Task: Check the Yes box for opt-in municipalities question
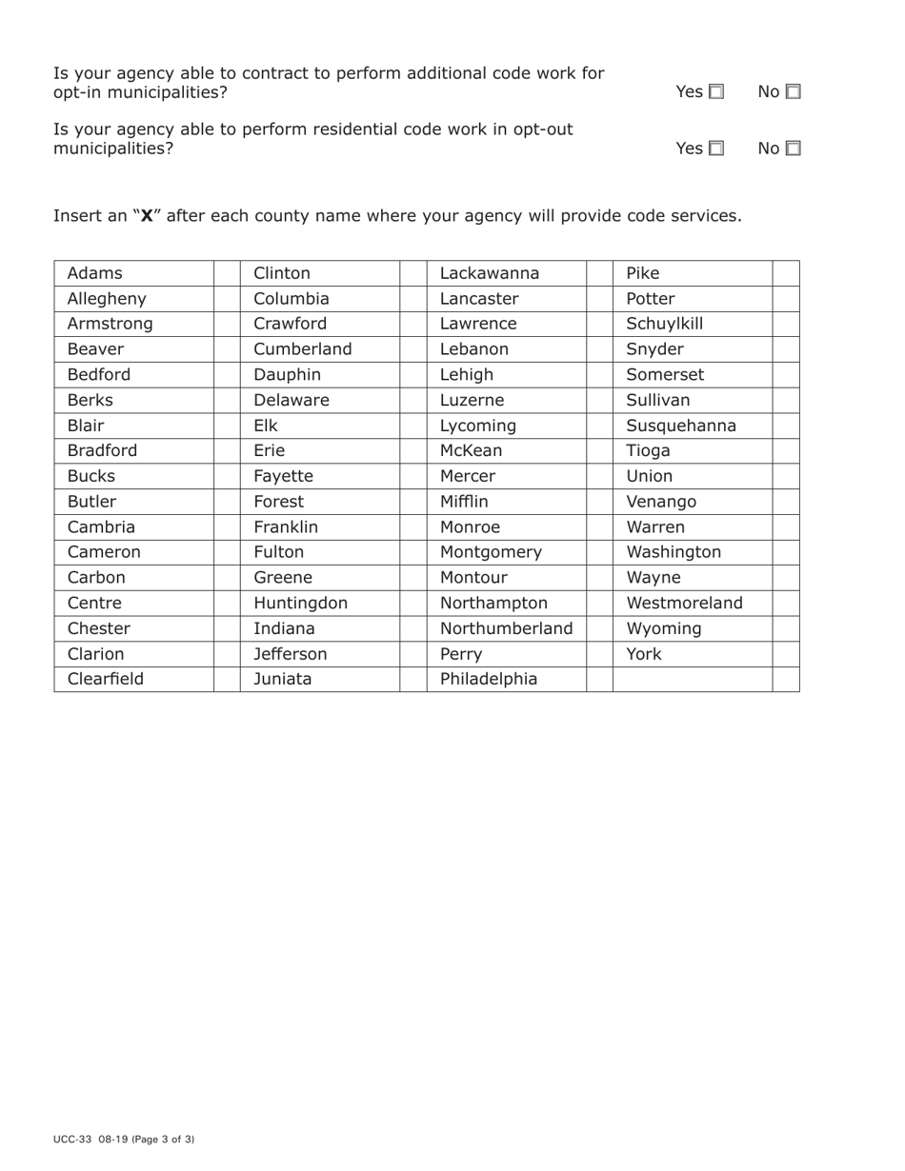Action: point(716,92)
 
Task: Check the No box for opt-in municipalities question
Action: point(793,92)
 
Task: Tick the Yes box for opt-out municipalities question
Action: point(716,149)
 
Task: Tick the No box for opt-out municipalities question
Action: point(793,149)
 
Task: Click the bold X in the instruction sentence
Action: point(147,216)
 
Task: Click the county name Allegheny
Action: point(107,299)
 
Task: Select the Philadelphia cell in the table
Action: point(489,680)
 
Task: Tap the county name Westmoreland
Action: point(684,604)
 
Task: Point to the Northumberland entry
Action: point(506,629)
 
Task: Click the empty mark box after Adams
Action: point(227,273)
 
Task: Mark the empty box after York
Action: point(786,654)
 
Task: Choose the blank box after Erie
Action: point(413,451)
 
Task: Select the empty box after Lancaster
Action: point(599,299)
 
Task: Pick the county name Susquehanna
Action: point(681,426)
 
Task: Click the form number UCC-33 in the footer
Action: point(72,1139)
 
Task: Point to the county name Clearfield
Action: point(105,680)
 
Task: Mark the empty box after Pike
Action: point(786,273)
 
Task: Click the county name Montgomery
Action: point(491,552)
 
